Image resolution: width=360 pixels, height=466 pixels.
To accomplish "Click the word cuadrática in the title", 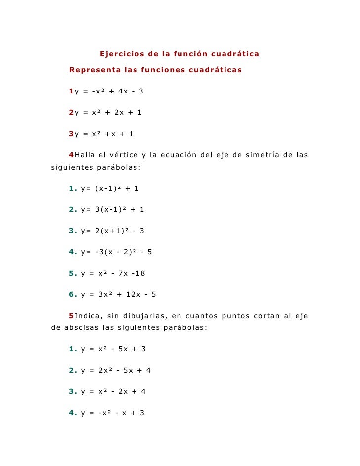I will coord(235,53).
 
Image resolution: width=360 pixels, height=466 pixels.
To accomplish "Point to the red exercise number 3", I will coord(71,134).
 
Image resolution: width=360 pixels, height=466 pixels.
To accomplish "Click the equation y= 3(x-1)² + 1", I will coord(112,209).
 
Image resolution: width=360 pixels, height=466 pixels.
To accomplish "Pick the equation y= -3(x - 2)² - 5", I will coord(116,252).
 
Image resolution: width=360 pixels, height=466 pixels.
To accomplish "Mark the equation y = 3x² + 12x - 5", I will coord(118,294).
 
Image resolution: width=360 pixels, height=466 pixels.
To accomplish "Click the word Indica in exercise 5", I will coord(89,316).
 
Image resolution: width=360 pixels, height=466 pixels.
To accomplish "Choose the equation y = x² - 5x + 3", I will coord(113,349).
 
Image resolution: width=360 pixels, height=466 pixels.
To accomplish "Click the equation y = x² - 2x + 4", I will coord(113,391).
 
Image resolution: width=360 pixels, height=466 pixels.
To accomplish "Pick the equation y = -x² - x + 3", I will coord(112,413).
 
